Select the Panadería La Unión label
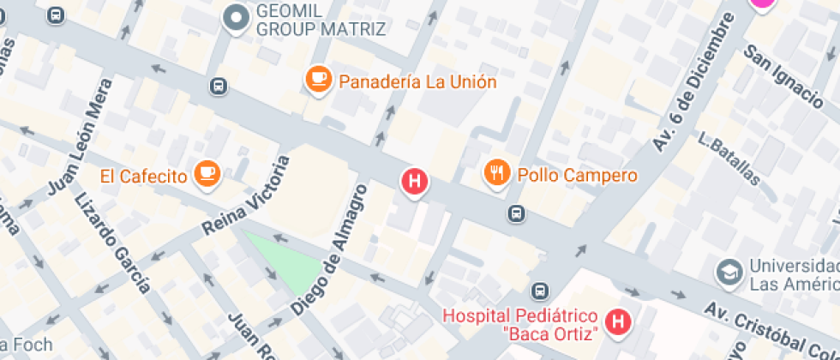(x=417, y=82)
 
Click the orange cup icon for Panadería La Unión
(x=319, y=81)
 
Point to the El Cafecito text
(x=143, y=177)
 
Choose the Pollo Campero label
(x=577, y=176)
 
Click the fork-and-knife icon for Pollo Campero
(x=496, y=174)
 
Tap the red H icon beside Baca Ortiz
(x=616, y=322)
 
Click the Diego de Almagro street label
(x=328, y=249)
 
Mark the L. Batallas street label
(x=729, y=159)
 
